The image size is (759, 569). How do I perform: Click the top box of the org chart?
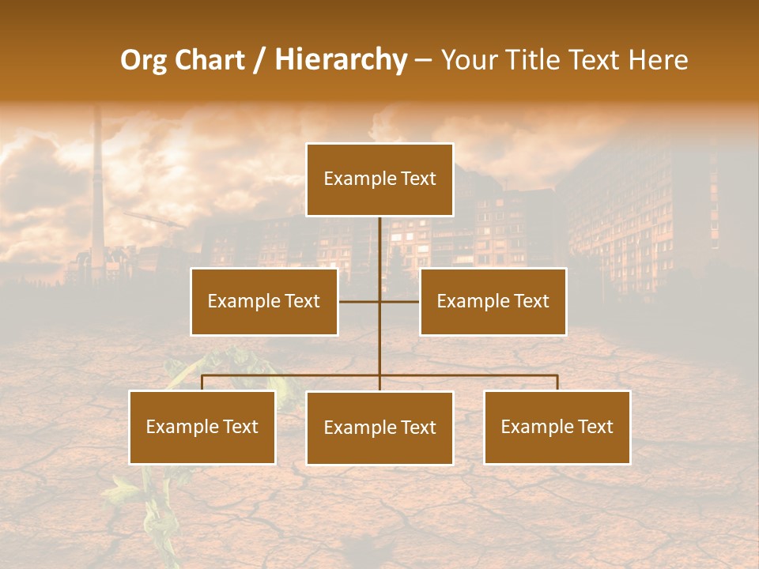click(379, 179)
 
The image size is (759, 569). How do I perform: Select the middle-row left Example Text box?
click(264, 301)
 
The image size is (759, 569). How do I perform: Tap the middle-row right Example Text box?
click(493, 301)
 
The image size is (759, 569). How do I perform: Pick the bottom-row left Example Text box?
click(202, 427)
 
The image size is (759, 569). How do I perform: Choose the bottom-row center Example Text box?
click(379, 428)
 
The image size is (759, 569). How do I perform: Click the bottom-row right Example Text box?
click(557, 427)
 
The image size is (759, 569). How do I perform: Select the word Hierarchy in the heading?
click(340, 60)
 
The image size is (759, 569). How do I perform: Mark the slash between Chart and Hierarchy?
click(259, 60)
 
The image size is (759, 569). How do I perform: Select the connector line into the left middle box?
click(358, 301)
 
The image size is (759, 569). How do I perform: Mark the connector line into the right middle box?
click(400, 301)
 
